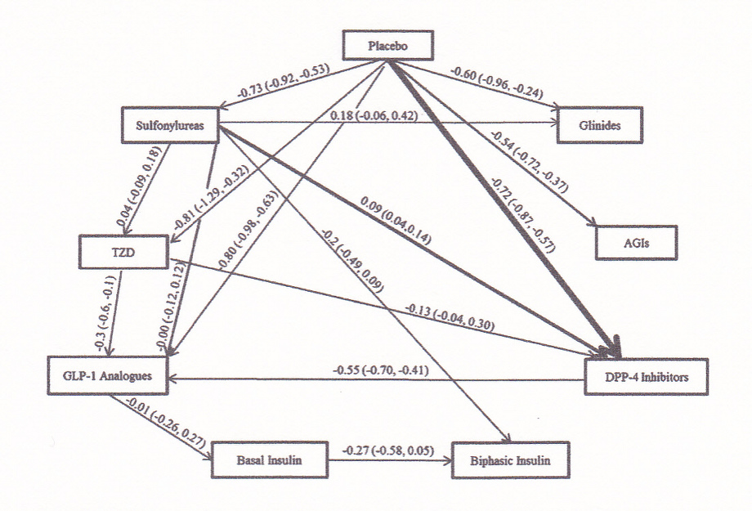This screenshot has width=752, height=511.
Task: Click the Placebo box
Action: tap(388, 46)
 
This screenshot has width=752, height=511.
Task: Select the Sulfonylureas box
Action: tap(170, 125)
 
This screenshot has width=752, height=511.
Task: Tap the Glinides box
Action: tap(599, 125)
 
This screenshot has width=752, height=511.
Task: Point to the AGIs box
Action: tap(637, 243)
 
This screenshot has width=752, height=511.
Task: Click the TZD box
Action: tap(123, 252)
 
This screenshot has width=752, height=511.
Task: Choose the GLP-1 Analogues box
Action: tap(108, 375)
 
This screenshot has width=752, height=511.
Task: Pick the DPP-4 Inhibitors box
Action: tap(646, 377)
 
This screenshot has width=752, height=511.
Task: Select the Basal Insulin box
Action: tap(270, 460)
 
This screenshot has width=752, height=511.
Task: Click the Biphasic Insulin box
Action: tap(511, 460)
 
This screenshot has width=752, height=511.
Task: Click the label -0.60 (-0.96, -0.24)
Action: tap(497, 83)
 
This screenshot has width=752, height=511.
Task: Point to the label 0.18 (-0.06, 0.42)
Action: tap(374, 115)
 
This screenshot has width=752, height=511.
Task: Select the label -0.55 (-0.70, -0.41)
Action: tap(381, 371)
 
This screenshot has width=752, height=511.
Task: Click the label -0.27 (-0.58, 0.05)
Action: tap(388, 450)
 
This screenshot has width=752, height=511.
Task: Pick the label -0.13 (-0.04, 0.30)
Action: tap(450, 316)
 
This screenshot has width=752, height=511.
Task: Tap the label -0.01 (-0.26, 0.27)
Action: tap(164, 422)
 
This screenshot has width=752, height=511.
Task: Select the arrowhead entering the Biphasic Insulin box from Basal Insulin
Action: tap(448, 460)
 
